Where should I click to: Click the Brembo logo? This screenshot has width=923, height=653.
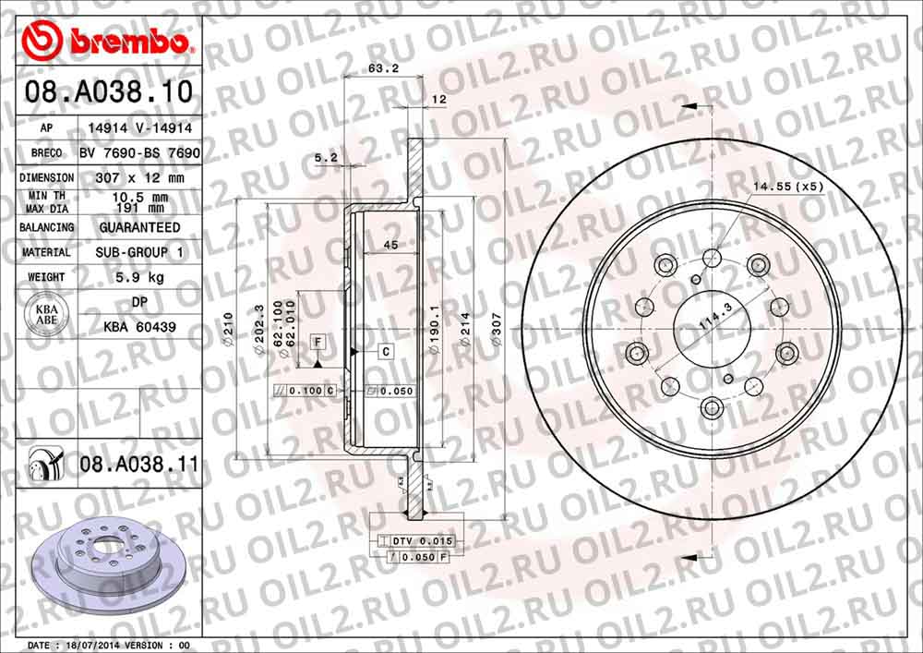tap(109, 42)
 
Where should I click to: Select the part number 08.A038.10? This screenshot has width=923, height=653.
tap(109, 92)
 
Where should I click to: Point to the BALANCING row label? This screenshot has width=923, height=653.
tap(47, 227)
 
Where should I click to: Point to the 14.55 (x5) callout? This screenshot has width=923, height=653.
tap(787, 187)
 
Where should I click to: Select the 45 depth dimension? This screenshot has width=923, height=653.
tap(390, 246)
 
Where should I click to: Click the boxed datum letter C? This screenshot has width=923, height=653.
tap(385, 352)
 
